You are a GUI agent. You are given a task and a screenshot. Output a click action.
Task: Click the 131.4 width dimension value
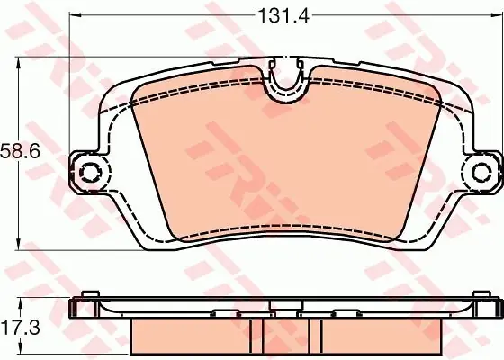283,15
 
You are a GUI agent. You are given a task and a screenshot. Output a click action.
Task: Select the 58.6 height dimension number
20,151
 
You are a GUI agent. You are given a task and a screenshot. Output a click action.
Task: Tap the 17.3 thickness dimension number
20,328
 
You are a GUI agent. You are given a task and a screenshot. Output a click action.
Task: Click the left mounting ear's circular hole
90,172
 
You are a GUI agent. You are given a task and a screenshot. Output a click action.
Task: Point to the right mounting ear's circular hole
481,172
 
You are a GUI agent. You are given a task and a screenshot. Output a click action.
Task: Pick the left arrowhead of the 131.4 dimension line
75,14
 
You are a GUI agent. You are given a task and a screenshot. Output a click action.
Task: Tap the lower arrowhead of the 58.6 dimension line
18,244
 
